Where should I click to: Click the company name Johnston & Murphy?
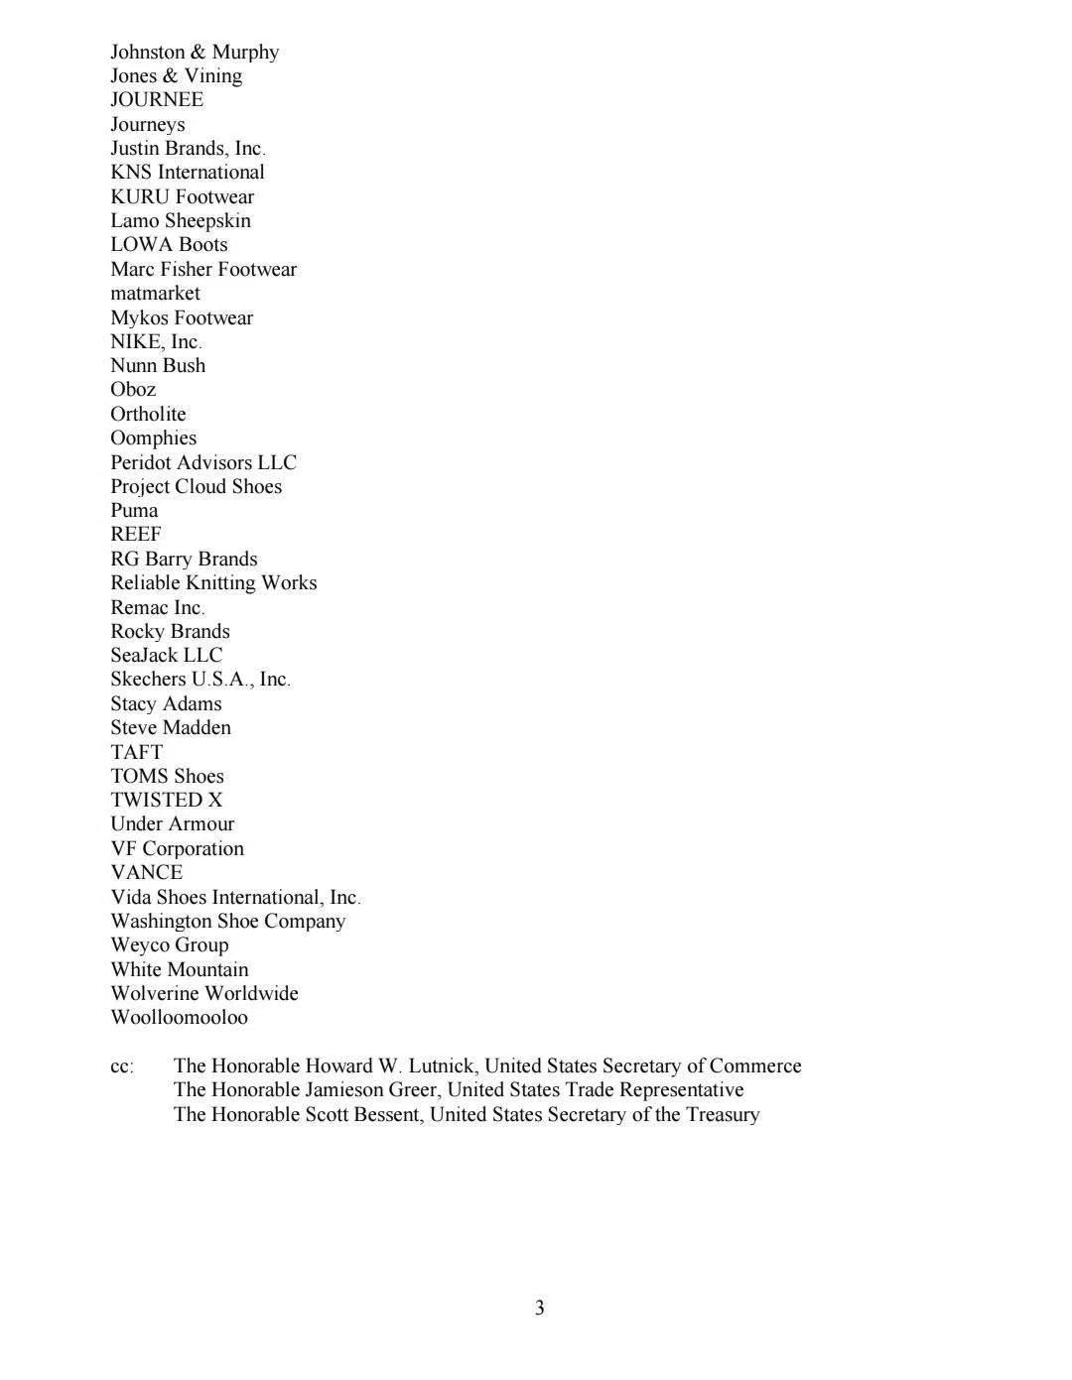[195, 52]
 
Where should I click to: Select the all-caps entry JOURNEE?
[157, 99]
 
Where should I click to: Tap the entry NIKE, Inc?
[156, 341]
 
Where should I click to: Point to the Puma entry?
[134, 510]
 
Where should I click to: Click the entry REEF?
[136, 534]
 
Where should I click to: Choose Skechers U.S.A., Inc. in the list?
[201, 679]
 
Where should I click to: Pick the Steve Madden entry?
[171, 727]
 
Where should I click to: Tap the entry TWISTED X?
[167, 800]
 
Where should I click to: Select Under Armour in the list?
[173, 823]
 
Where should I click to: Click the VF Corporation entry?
[177, 848]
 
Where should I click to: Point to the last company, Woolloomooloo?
[180, 1017]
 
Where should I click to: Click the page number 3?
[540, 1308]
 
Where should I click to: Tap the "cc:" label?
[122, 1066]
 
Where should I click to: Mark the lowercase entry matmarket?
[155, 293]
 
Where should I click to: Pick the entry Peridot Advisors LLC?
[203, 462]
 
